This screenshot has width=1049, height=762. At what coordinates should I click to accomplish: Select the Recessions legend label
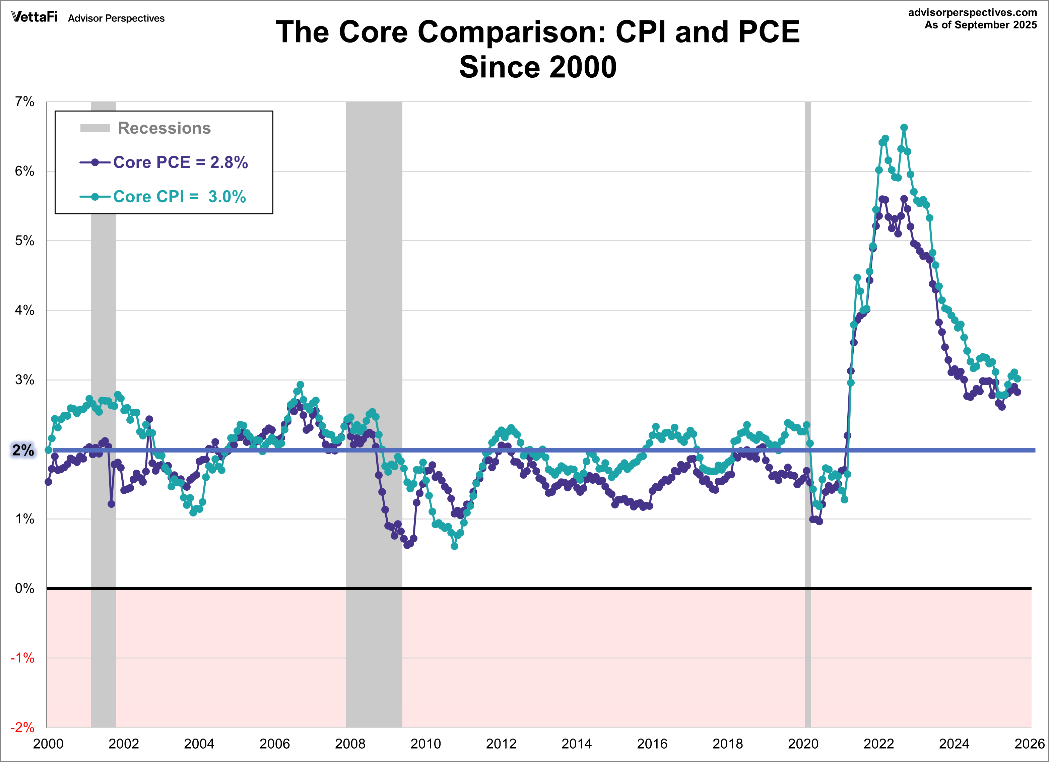[x=164, y=128]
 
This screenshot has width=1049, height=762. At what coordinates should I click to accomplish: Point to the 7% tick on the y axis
[x=24, y=102]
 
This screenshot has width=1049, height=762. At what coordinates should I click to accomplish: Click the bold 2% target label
[x=23, y=450]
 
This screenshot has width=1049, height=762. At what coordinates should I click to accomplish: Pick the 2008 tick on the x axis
[x=350, y=744]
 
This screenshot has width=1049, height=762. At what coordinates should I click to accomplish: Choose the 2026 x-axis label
[x=1030, y=744]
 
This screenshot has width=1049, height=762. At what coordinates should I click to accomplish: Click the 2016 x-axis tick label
[x=652, y=744]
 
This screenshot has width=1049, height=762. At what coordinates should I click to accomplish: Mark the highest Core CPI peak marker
[x=904, y=128]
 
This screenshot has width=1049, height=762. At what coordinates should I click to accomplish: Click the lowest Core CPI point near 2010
[x=454, y=546]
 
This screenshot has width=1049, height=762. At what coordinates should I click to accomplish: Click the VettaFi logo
[x=34, y=17]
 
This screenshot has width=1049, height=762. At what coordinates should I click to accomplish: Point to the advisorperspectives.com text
[x=972, y=12]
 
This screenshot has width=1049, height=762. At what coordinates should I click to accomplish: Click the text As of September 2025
[x=981, y=25]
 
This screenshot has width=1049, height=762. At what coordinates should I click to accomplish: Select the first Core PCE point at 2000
[x=48, y=482]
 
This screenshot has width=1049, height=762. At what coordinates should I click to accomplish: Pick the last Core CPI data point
[x=1017, y=378]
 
